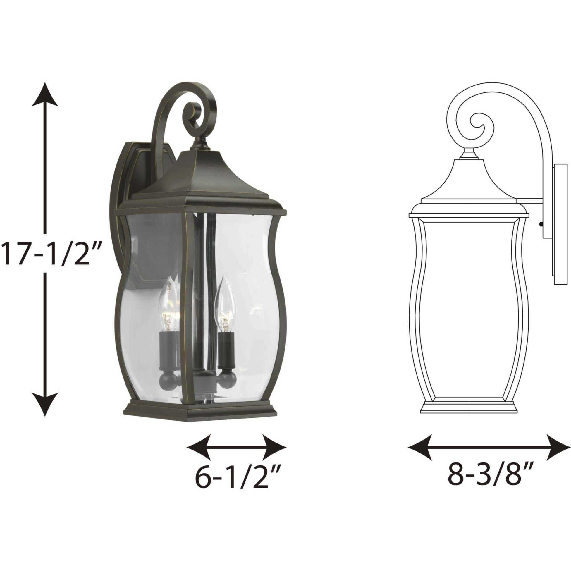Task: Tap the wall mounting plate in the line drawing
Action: [x=555, y=225]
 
